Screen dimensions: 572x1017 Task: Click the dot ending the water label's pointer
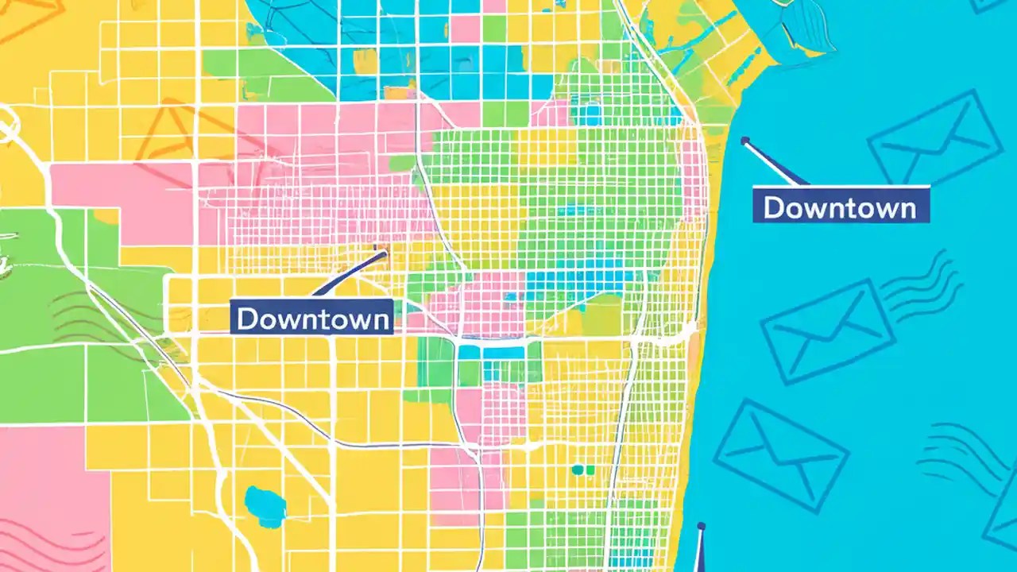744,141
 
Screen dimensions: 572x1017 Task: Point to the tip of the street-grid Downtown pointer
384,254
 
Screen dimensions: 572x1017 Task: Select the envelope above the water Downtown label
934,137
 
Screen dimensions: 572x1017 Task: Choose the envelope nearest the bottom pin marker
780,454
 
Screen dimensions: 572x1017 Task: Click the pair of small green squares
583,470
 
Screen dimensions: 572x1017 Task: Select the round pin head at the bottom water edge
701,526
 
